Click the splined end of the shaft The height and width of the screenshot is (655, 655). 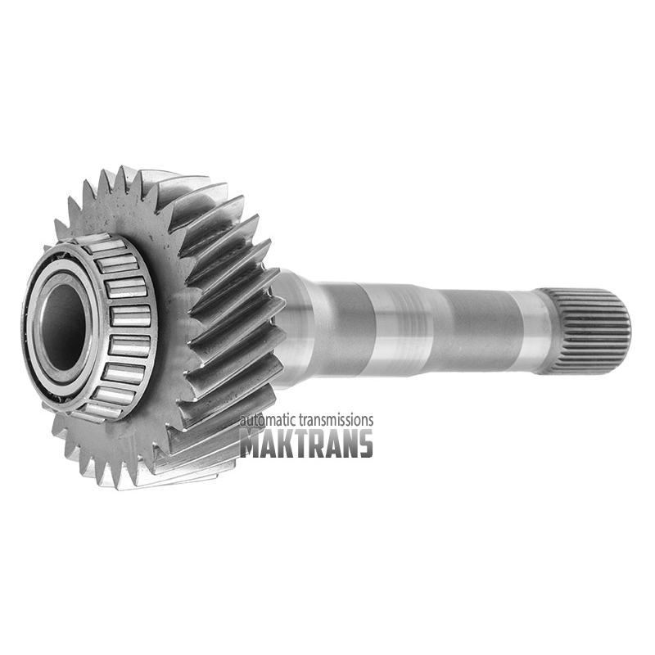click(585, 331)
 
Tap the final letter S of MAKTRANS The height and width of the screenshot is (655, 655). click(365, 443)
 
